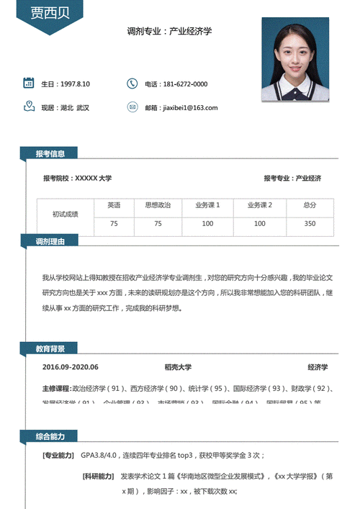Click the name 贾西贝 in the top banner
click(46, 13)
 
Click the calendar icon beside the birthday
click(29, 83)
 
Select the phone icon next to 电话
click(132, 84)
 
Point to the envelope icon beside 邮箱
click(132, 107)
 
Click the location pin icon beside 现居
click(29, 107)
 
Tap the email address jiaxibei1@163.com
click(191, 108)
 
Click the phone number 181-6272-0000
click(185, 84)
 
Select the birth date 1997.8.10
click(76, 84)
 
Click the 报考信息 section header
click(50, 153)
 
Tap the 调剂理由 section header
click(50, 241)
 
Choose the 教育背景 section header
click(50, 349)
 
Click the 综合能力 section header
click(50, 437)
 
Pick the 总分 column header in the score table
click(310, 205)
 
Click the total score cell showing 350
click(310, 224)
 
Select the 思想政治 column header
click(158, 205)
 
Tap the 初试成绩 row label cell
click(66, 215)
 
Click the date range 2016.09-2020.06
click(71, 367)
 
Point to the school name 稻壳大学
click(178, 367)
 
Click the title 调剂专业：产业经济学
click(169, 32)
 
